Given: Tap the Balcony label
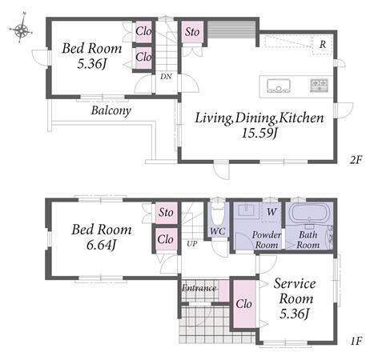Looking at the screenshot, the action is [111, 110].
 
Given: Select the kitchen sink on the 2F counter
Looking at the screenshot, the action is [279, 86].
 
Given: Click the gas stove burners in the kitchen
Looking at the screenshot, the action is [319, 86].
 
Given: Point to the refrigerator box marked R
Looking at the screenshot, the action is [322, 45].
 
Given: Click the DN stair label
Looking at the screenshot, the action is [166, 77].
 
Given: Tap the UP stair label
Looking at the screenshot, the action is [191, 243].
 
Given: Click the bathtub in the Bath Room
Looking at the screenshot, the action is [309, 213].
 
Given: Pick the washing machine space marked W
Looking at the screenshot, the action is [271, 212].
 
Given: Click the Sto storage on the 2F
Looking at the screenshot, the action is [192, 32].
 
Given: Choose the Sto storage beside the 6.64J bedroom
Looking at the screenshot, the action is [166, 213].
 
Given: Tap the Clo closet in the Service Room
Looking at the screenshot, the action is [244, 303].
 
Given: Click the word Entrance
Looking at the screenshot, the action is [199, 288].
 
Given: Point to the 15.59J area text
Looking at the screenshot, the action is [259, 133].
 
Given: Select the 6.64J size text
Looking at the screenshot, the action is [102, 245].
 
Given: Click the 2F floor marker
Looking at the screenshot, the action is [356, 160].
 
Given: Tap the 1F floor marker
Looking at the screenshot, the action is [356, 341].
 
